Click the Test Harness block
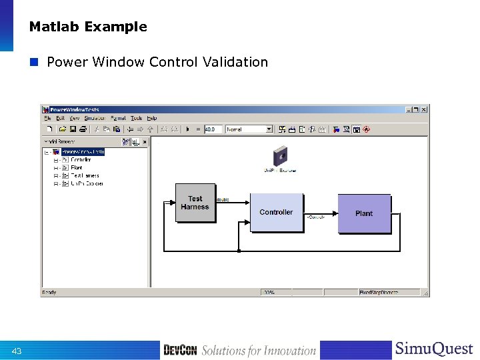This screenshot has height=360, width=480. pos(195,203)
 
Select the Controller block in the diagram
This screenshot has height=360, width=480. pos(276,212)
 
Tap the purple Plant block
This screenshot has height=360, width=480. pos(364,213)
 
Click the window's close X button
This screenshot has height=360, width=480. pos(424,109)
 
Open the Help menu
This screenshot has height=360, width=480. pos(152,118)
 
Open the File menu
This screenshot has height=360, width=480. pos(47,118)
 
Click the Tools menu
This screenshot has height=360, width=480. pos(136,118)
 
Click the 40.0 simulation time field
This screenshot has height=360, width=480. pos(213,129)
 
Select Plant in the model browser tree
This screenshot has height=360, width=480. pos(77,167)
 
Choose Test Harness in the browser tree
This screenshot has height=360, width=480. pos(85,175)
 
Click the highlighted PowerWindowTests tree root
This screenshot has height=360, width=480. pos(83,152)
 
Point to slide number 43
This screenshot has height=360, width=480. pos(17,351)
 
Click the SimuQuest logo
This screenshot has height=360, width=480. pos(433,349)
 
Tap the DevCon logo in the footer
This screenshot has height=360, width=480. pos(180,351)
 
